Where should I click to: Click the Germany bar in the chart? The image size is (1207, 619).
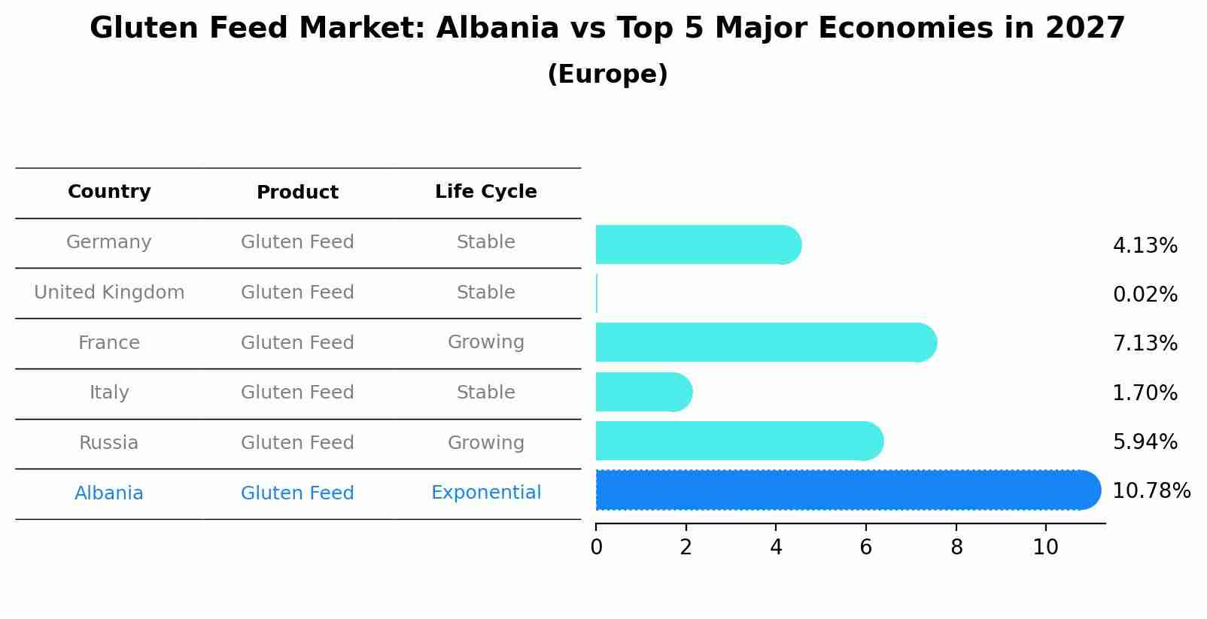click(x=697, y=244)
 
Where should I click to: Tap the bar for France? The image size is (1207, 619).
click(x=765, y=342)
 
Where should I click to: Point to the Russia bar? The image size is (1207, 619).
click(x=738, y=441)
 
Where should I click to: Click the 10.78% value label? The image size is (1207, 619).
click(x=1151, y=491)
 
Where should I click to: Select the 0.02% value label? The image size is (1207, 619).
click(x=1145, y=295)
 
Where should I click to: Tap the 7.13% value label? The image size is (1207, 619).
click(x=1145, y=344)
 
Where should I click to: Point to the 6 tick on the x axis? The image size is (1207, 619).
click(x=866, y=548)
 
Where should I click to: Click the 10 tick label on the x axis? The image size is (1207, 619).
click(x=1045, y=548)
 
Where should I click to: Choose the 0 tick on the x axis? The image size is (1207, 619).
click(x=596, y=548)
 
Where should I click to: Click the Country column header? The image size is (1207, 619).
click(x=109, y=192)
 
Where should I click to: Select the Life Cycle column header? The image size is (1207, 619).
click(x=485, y=192)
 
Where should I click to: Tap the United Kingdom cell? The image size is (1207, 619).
click(x=109, y=293)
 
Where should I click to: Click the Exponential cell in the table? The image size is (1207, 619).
click(x=485, y=493)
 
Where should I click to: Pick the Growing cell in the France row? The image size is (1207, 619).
click(x=485, y=342)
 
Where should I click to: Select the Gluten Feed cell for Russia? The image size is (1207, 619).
click(x=297, y=443)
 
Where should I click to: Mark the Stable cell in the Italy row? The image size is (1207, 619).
click(x=485, y=393)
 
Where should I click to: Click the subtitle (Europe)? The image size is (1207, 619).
click(x=607, y=74)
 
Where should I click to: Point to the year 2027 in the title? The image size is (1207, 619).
click(x=1084, y=29)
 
